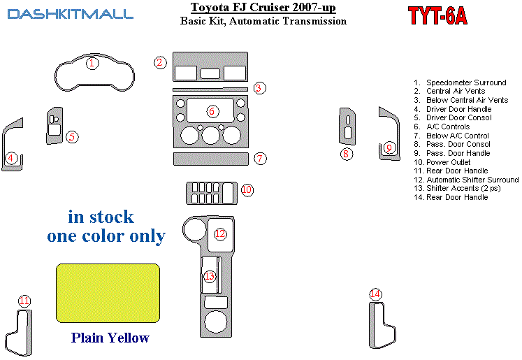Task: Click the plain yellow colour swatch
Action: click(x=108, y=292)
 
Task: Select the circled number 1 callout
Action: click(x=92, y=64)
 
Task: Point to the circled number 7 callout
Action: click(x=260, y=159)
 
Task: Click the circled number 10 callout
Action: click(x=247, y=189)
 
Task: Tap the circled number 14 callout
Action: click(x=376, y=294)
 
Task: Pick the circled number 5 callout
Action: click(x=72, y=137)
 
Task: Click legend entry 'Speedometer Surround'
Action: click(x=466, y=82)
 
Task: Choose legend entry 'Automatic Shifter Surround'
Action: click(x=472, y=180)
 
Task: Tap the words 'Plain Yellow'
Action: click(x=110, y=338)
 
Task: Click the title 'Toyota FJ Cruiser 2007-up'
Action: click(x=263, y=8)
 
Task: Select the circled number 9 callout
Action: click(x=390, y=147)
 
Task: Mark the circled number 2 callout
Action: click(x=160, y=63)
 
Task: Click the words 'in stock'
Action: click(x=101, y=216)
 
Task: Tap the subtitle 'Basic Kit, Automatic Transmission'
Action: click(x=263, y=21)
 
